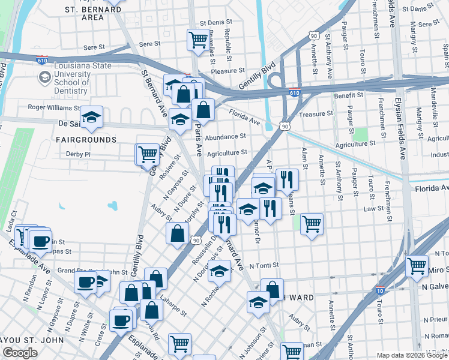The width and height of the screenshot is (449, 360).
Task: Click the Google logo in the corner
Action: tap(20, 353)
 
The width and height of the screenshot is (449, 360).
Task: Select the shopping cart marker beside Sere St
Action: tap(197, 40)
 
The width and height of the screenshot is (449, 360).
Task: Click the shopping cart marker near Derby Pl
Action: tap(148, 154)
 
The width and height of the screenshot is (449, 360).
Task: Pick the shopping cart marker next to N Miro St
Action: tap(417, 266)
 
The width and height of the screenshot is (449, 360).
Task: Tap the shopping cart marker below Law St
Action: tap(312, 224)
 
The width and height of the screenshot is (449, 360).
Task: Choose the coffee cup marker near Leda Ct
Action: tap(41, 241)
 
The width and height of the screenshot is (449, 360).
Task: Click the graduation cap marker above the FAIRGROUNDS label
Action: tap(91, 117)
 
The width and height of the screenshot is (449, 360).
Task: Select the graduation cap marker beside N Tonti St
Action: tap(220, 271)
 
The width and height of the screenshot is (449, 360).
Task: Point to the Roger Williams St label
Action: tap(53, 107)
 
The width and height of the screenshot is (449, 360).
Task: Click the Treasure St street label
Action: tap(316, 114)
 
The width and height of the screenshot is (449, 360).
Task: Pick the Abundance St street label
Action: tap(226, 137)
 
